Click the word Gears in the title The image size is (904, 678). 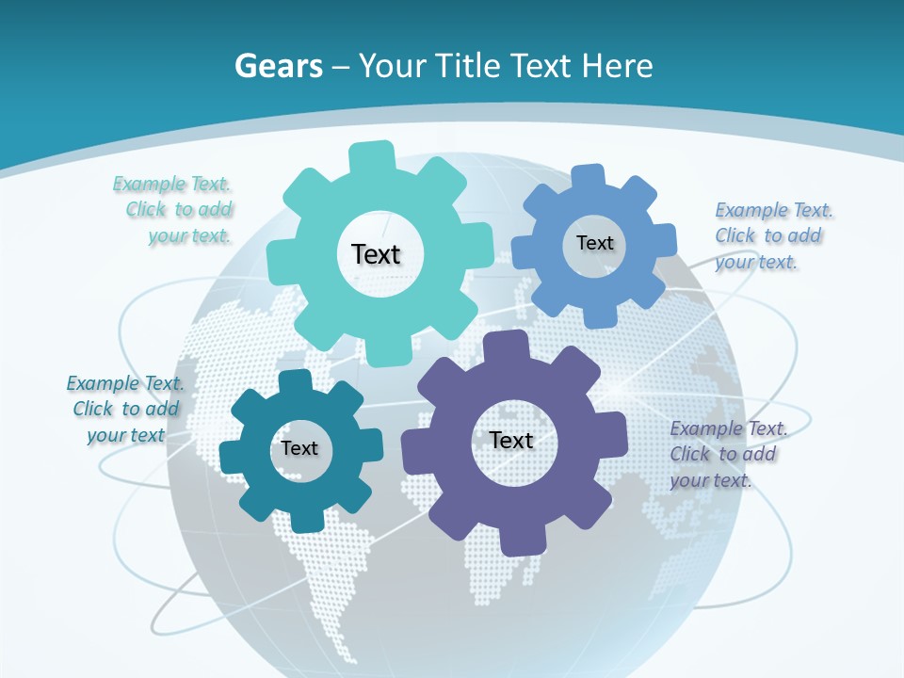click(279, 66)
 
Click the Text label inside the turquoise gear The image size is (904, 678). click(376, 254)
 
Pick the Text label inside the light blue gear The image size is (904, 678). click(594, 243)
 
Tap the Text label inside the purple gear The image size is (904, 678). click(511, 441)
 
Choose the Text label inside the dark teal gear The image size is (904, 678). click(299, 448)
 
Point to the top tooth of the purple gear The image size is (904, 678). click(507, 346)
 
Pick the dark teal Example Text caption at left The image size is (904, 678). click(125, 409)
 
